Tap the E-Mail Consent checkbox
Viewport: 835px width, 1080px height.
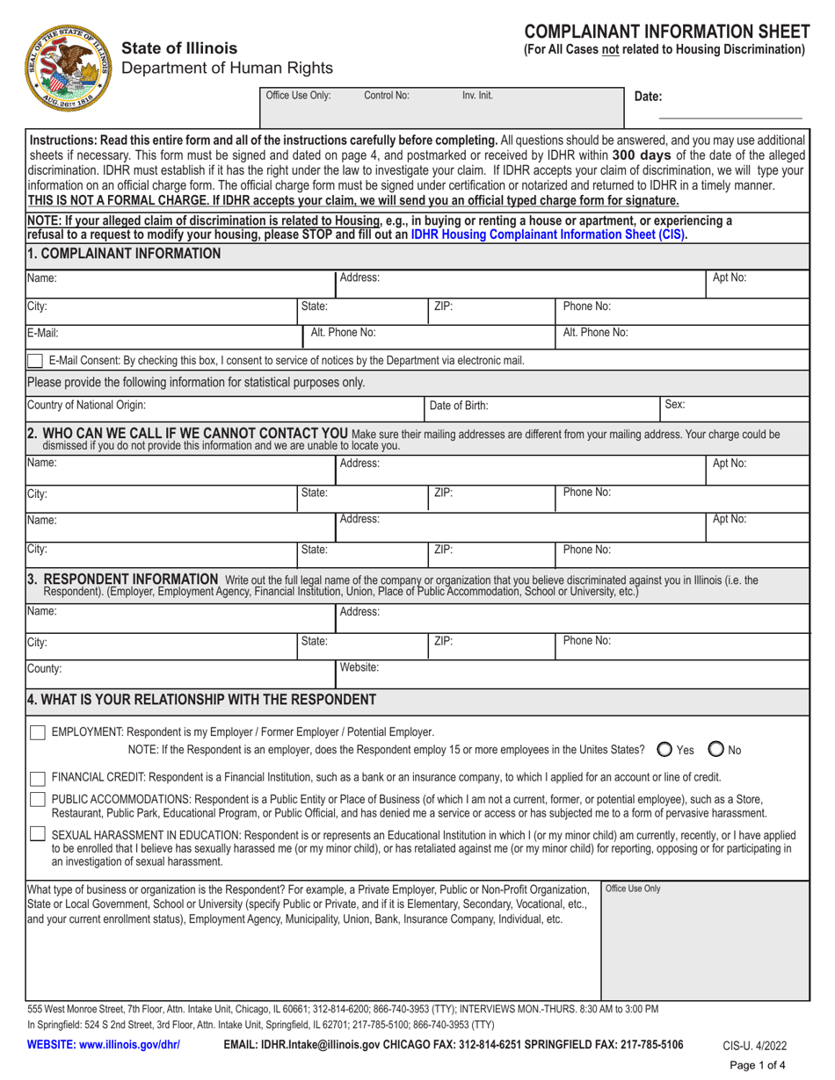(x=35, y=360)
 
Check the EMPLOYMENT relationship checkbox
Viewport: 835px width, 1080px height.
(x=38, y=732)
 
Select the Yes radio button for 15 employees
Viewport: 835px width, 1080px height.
(x=664, y=750)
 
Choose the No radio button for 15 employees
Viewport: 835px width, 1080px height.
(x=716, y=750)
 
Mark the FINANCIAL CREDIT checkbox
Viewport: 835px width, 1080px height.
(x=38, y=777)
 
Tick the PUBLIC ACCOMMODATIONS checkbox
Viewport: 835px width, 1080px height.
(x=38, y=800)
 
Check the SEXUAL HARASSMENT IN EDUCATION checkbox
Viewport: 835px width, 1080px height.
(x=38, y=834)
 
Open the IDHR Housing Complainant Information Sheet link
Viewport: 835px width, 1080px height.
(x=547, y=234)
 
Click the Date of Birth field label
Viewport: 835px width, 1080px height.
(x=459, y=406)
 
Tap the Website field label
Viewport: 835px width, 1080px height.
(x=359, y=667)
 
